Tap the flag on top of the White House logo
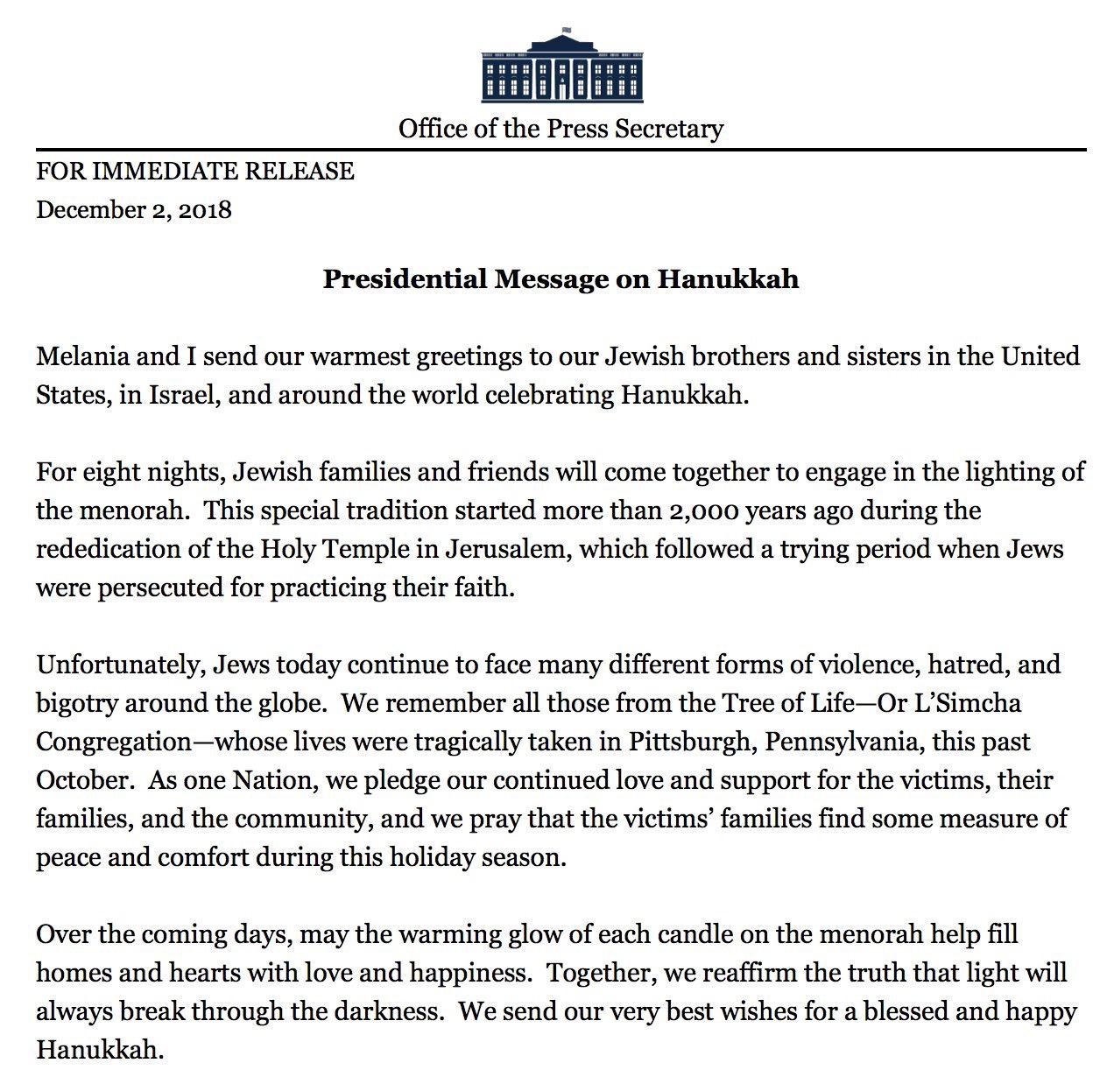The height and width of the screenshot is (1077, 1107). point(565,30)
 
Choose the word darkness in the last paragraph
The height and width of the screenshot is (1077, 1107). point(391,1011)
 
